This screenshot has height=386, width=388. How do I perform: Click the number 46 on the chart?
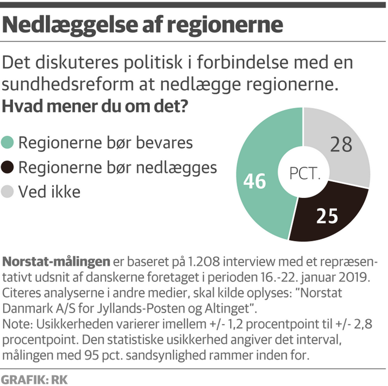[x=254, y=182]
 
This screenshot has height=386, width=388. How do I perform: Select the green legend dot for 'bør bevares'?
[x=9, y=143]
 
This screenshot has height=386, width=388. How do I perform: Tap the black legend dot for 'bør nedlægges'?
[x=9, y=168]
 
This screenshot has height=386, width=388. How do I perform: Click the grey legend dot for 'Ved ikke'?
[x=9, y=192]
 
